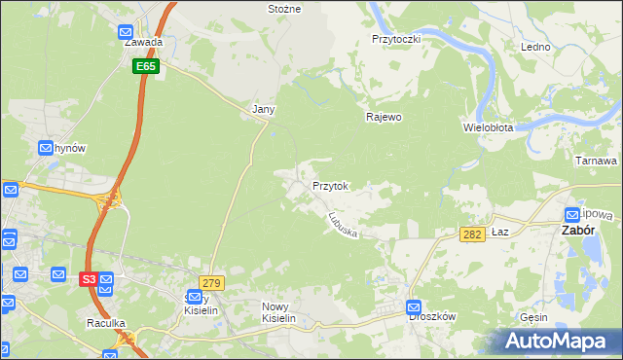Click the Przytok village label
[x=331, y=185]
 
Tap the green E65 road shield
[x=146, y=66]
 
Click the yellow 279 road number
[x=212, y=283]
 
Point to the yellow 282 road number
[x=472, y=234]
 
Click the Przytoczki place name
[x=395, y=39]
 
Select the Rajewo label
[x=384, y=117]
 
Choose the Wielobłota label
[x=495, y=127]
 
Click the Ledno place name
[x=535, y=47]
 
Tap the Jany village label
[x=263, y=110]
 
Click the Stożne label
[x=284, y=9]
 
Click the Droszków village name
[x=432, y=317]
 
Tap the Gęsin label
[x=533, y=317]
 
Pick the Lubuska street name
[x=345, y=226]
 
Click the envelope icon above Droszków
[x=414, y=306]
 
